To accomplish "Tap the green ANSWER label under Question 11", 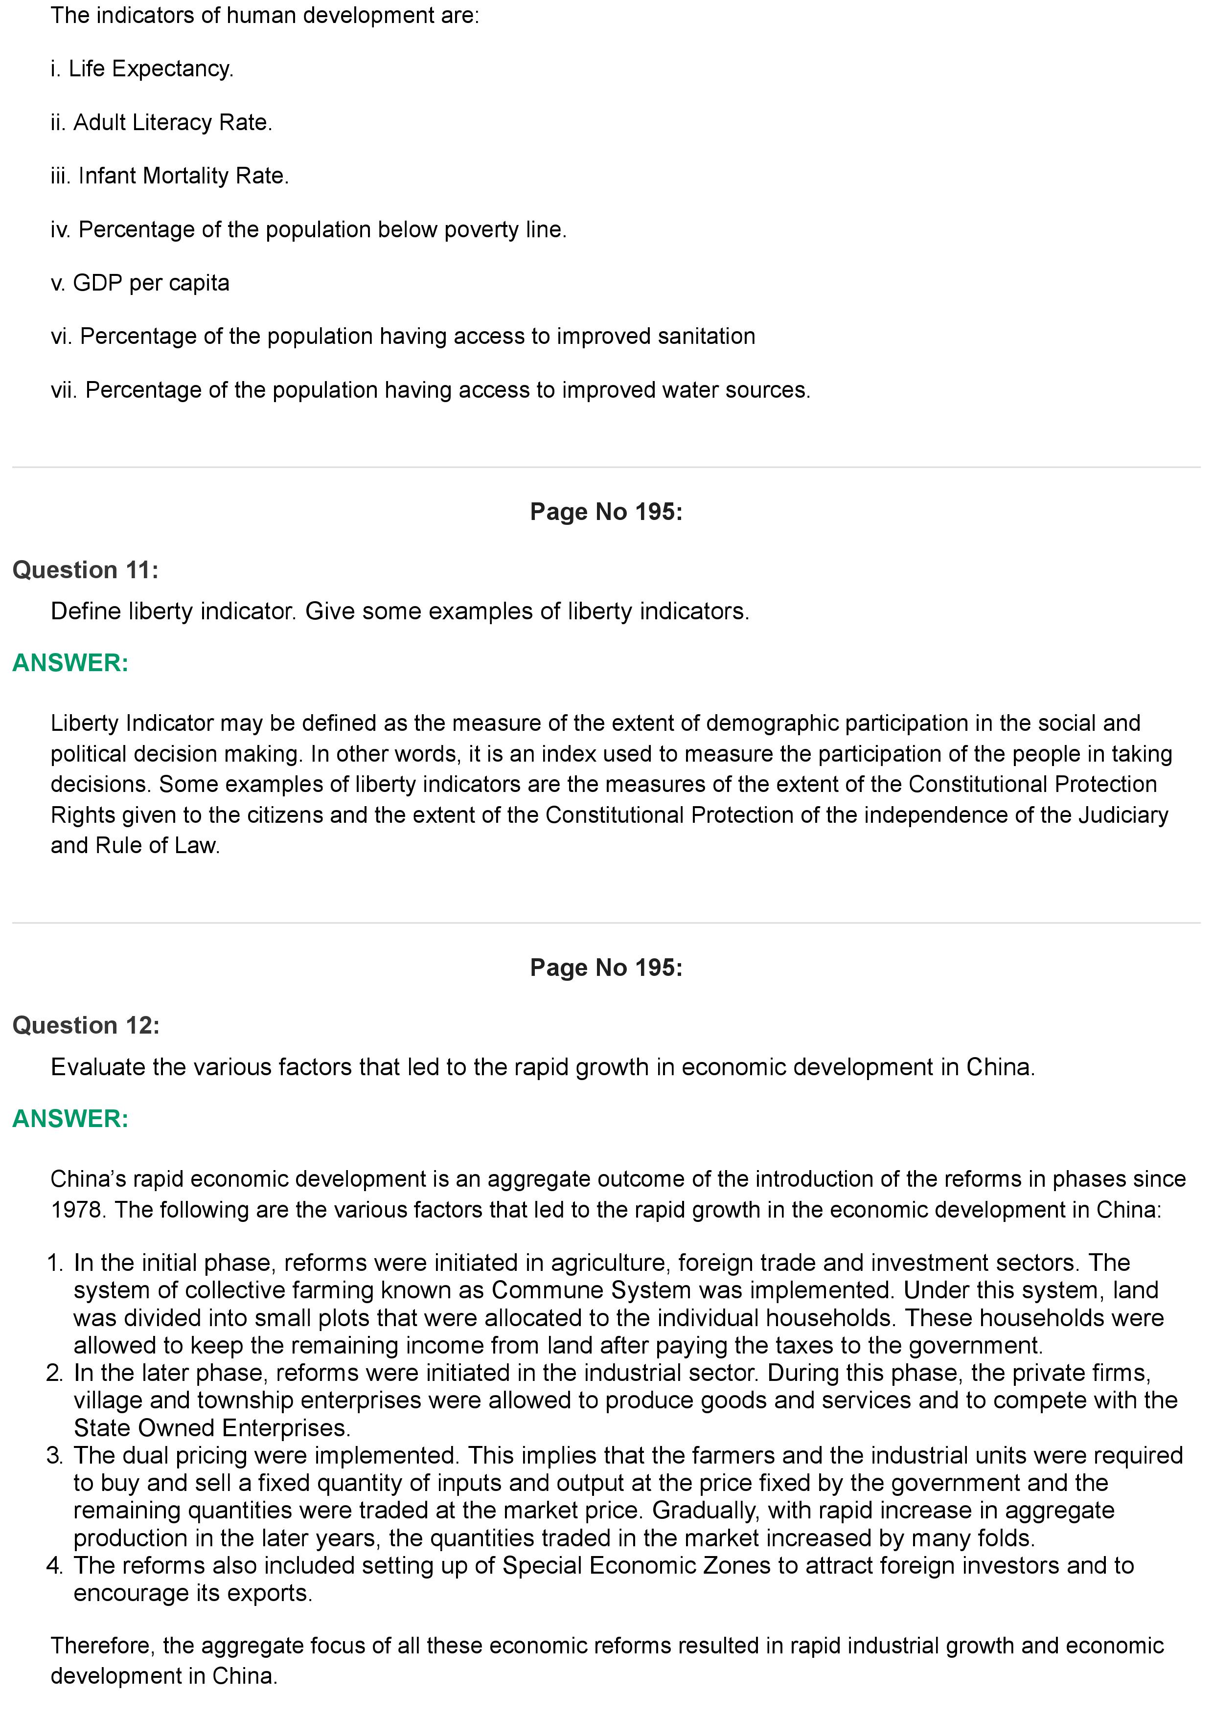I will [x=70, y=662].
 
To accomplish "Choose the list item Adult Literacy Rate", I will [x=161, y=123].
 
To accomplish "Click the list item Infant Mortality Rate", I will [x=170, y=176].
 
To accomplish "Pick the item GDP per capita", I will [x=140, y=283].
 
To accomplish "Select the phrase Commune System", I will [x=591, y=1290].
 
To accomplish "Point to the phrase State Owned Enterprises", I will [x=211, y=1428].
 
